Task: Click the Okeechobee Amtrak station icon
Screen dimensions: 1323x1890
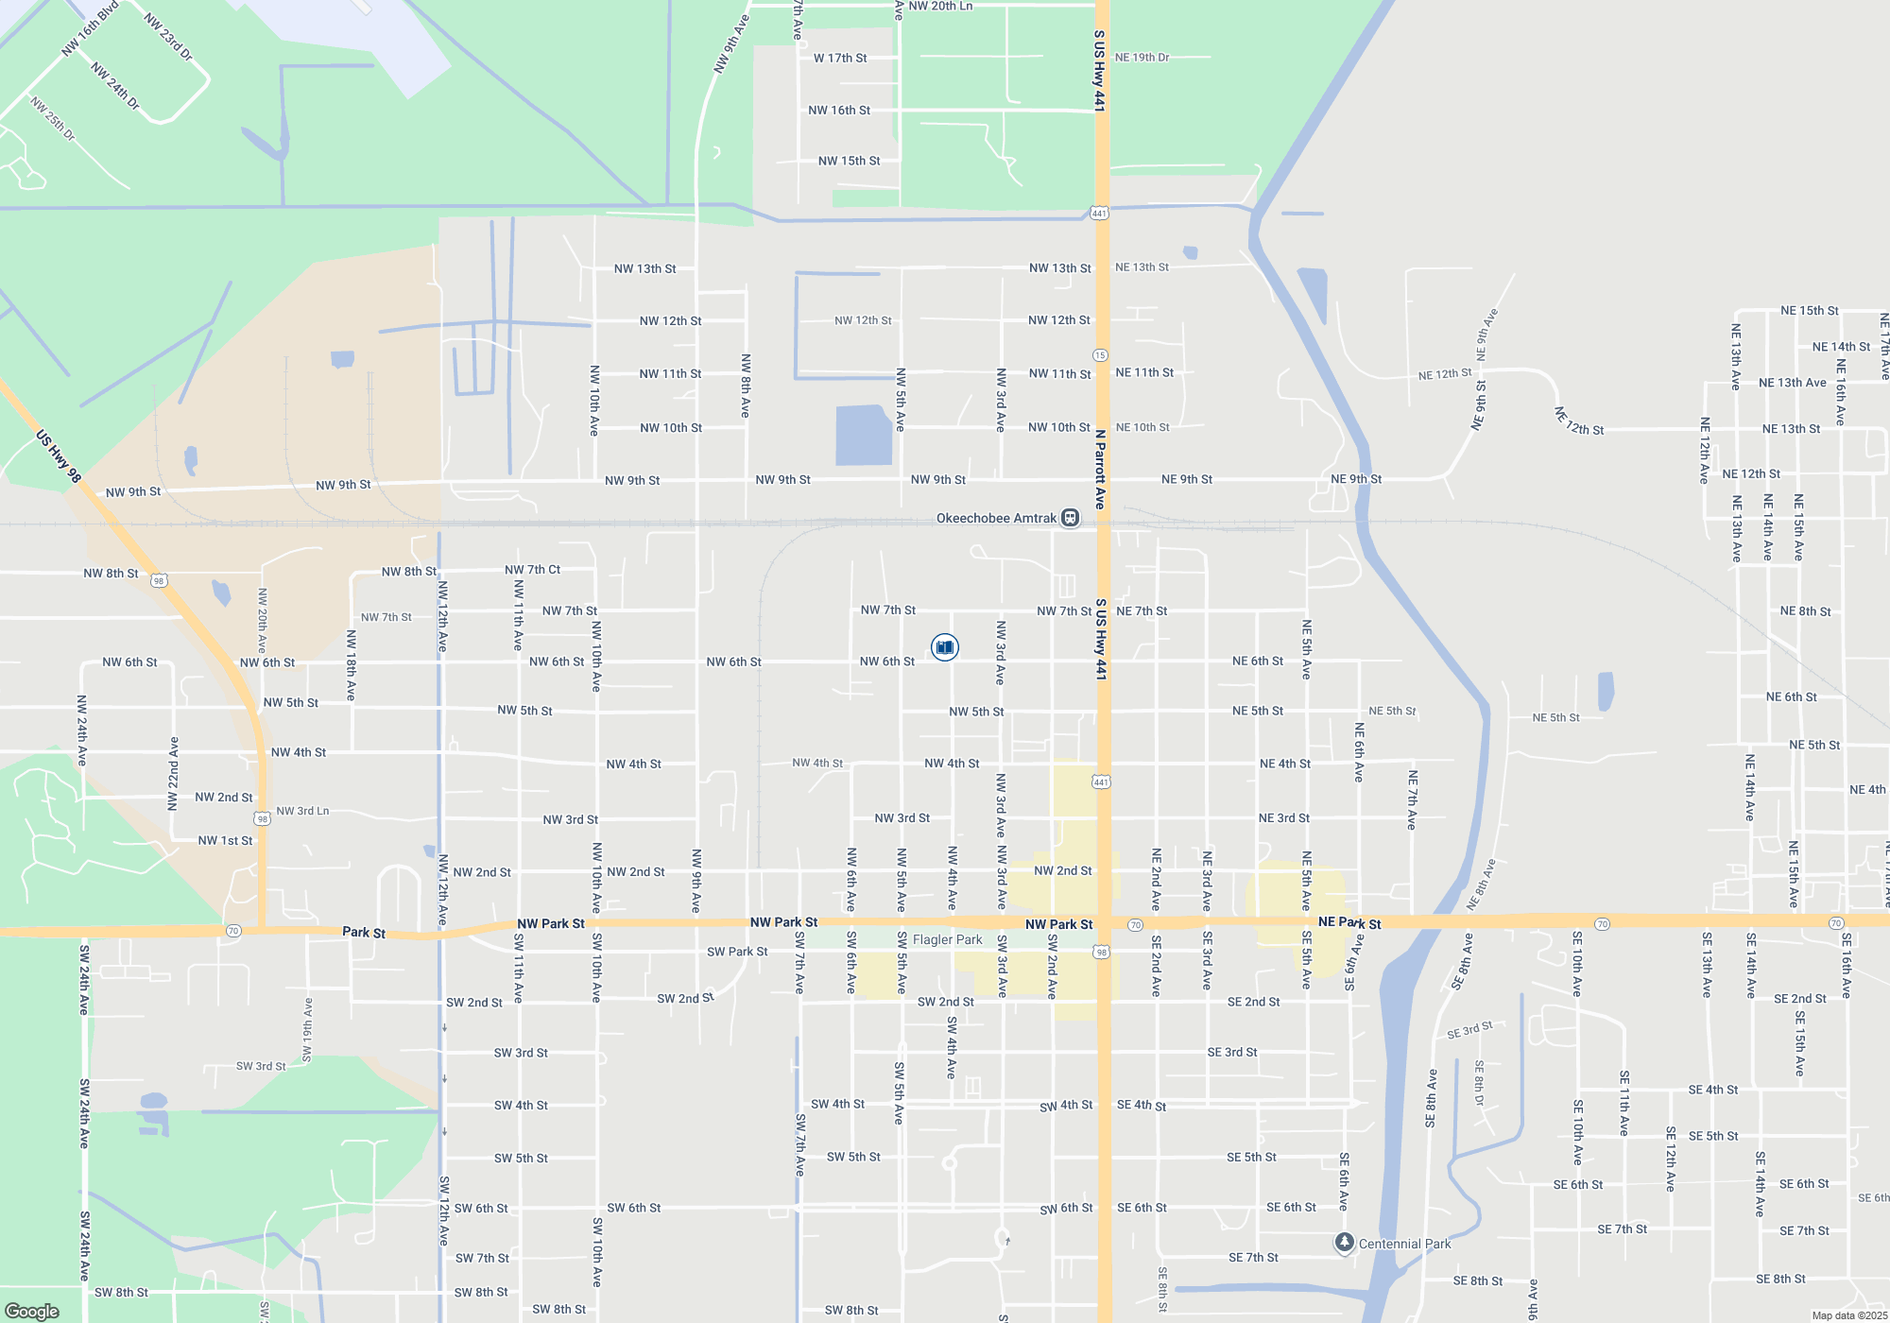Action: point(1070,518)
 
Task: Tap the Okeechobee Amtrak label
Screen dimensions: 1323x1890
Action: point(996,518)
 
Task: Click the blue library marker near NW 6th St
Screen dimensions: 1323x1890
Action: point(945,647)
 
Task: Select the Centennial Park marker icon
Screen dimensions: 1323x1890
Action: point(1344,1242)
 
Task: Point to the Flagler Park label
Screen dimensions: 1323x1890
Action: point(947,939)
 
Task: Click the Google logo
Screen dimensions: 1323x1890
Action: point(32,1312)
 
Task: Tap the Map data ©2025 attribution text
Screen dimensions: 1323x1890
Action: point(1849,1315)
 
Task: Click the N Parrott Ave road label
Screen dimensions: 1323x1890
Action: point(1100,470)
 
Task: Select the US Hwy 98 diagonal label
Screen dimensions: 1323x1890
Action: point(59,456)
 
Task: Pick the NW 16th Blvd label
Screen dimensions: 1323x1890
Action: point(90,29)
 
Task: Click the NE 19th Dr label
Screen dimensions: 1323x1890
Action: point(1142,58)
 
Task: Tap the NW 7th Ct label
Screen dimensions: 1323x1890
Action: point(532,570)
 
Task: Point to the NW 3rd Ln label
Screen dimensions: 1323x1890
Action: point(302,811)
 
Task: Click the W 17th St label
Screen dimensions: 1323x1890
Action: point(840,58)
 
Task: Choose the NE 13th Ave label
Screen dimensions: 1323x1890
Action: point(1792,383)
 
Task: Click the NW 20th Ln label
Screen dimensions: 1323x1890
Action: point(940,7)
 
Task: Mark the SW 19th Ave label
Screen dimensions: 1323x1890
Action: point(307,1029)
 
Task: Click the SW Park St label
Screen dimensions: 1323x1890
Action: point(737,952)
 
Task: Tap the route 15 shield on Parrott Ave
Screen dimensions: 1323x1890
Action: point(1100,355)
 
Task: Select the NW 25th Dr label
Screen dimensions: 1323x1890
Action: point(52,118)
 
